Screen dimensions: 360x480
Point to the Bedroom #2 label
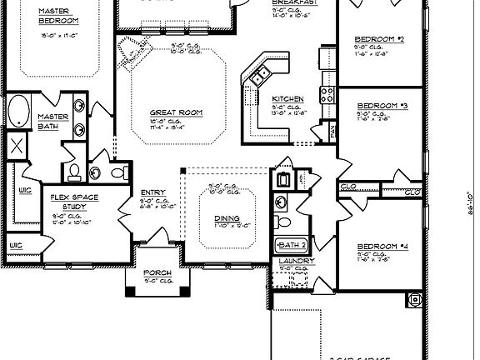tap(379, 39)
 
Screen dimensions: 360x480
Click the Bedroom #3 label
tap(381, 106)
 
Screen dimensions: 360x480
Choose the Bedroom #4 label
tap(381, 247)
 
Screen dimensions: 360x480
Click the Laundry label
tap(296, 262)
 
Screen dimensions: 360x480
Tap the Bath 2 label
tap(292, 245)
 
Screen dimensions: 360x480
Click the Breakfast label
tap(291, 3)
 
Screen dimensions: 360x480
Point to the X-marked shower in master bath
tap(17, 147)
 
